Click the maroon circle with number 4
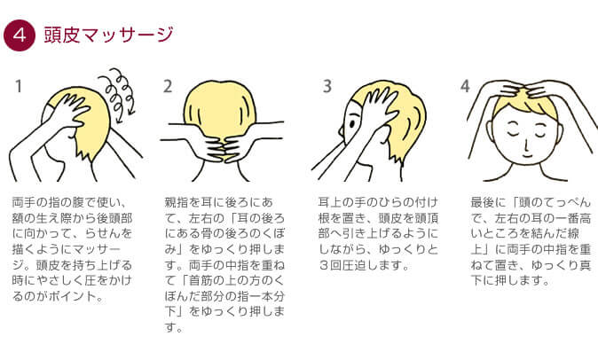point(19,35)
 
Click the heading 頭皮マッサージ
point(109,35)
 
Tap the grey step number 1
point(19,87)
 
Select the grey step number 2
point(168,87)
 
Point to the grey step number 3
point(327,87)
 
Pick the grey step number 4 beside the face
point(465,87)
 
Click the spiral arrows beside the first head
point(118,95)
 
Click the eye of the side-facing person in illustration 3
point(351,124)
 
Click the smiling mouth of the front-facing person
point(527,156)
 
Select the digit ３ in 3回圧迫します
point(324,265)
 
